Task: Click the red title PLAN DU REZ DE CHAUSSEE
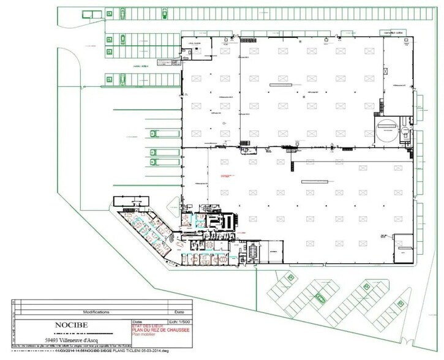pos(161,331)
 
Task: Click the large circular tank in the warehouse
pos(387,131)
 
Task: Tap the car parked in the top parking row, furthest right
pos(122,13)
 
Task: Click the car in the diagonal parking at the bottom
pos(319,298)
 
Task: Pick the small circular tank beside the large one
pos(405,131)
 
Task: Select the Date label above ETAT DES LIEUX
pos(138,321)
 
